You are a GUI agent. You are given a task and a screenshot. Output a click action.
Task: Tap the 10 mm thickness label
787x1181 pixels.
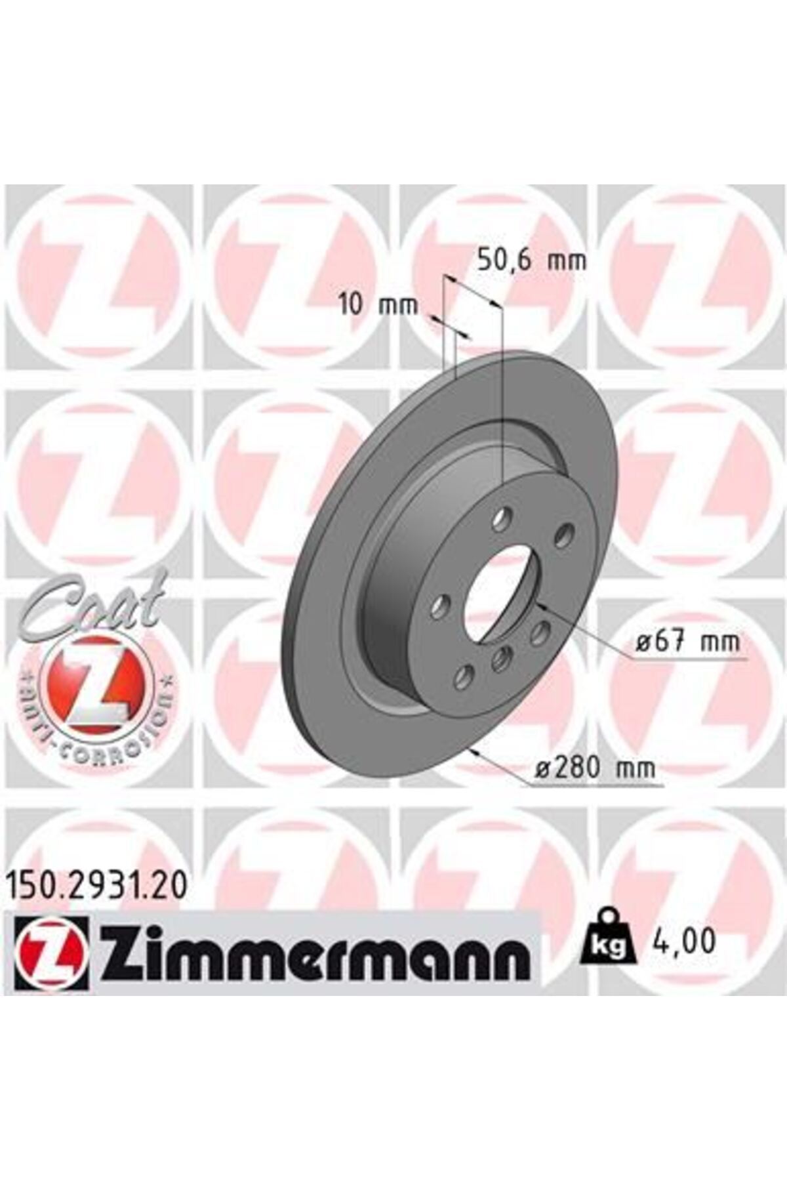point(378,305)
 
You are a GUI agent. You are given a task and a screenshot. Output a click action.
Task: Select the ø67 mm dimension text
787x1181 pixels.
point(688,641)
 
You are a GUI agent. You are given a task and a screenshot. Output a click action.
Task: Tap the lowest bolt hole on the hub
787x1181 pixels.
point(464,676)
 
